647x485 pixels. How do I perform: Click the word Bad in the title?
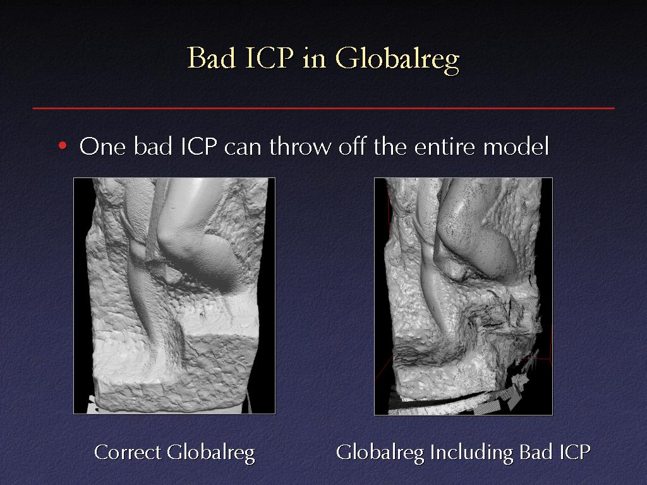tap(212, 57)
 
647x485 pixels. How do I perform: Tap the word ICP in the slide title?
tap(269, 57)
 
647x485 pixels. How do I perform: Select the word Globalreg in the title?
tap(397, 61)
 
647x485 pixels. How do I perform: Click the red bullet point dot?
tap(63, 146)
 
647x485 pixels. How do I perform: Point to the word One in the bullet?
tap(102, 146)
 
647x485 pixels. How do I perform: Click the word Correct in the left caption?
tap(128, 452)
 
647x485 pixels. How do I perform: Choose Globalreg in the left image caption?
tap(211, 453)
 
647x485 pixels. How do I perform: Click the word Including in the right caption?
tap(471, 453)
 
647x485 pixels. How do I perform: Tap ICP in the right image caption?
tap(574, 452)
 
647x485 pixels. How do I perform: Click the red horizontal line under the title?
tap(323, 109)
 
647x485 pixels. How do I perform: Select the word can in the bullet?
tap(243, 148)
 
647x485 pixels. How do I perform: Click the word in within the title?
tap(315, 59)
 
